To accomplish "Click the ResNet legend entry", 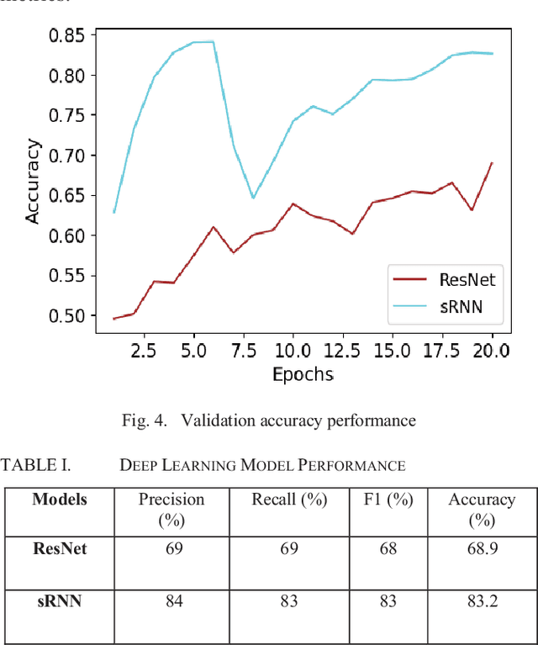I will [467, 280].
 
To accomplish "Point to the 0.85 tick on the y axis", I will [66, 35].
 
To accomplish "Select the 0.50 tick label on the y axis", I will [66, 315].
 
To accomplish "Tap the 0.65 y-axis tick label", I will [66, 195].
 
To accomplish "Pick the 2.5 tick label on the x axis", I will [145, 351].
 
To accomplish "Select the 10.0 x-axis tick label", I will [293, 351].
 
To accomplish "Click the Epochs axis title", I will [303, 374].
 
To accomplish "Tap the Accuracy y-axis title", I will [33, 181].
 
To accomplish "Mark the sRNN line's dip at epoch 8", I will [253, 198].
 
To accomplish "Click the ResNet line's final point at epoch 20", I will [491, 163].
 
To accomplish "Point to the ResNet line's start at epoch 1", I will [113, 319].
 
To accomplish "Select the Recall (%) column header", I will [289, 500].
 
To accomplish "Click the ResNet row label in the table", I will [59, 548].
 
